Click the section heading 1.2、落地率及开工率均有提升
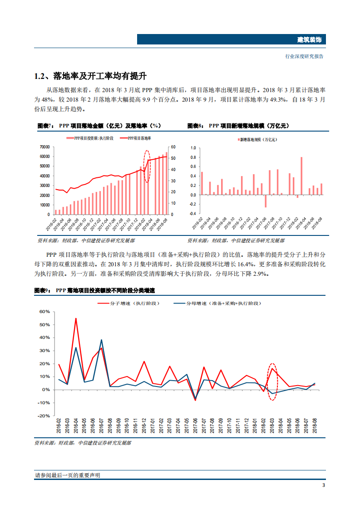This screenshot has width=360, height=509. pos(90,75)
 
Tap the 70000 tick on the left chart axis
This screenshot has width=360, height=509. pos(44,147)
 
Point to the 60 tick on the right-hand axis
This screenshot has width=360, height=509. pos(173,147)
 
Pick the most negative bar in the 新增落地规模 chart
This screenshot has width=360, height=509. pos(266,201)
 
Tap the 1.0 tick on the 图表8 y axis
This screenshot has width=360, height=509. pos(192,148)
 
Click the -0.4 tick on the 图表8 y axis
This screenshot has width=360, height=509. pos(192,214)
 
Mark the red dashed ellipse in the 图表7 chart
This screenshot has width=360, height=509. pos(147,166)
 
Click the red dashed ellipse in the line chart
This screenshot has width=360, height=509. pos(272,382)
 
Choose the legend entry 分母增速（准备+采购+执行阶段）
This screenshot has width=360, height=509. pos(218,303)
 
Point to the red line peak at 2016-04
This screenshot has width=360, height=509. pos(76,318)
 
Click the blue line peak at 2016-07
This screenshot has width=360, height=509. pos(101,340)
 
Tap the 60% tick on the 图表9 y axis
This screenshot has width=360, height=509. pos(44,312)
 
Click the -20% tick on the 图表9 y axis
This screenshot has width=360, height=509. pos(44,416)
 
